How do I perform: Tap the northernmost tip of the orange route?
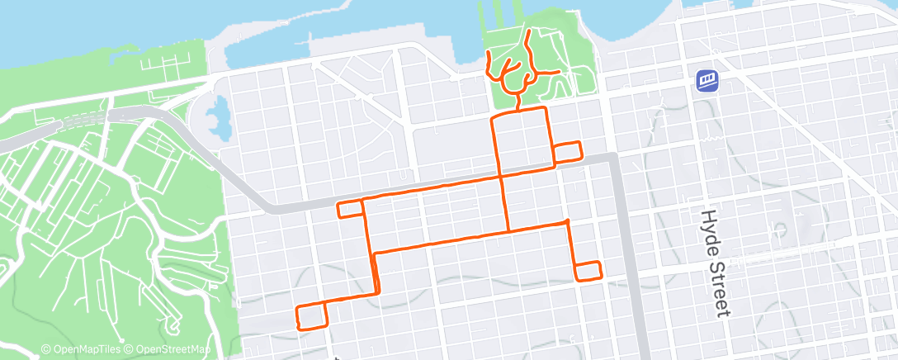[x=528, y=32]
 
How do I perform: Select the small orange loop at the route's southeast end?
[x=588, y=271]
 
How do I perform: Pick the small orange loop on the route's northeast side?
[x=567, y=152]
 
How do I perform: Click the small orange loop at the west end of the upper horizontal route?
[x=351, y=208]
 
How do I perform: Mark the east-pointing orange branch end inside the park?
[x=560, y=73]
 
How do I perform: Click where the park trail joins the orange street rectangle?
[x=518, y=110]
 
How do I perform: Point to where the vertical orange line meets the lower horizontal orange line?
[x=508, y=230]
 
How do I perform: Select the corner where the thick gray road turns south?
[x=614, y=156]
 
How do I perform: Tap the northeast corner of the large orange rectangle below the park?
[x=546, y=108]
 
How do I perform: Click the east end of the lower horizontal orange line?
[x=568, y=221]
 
